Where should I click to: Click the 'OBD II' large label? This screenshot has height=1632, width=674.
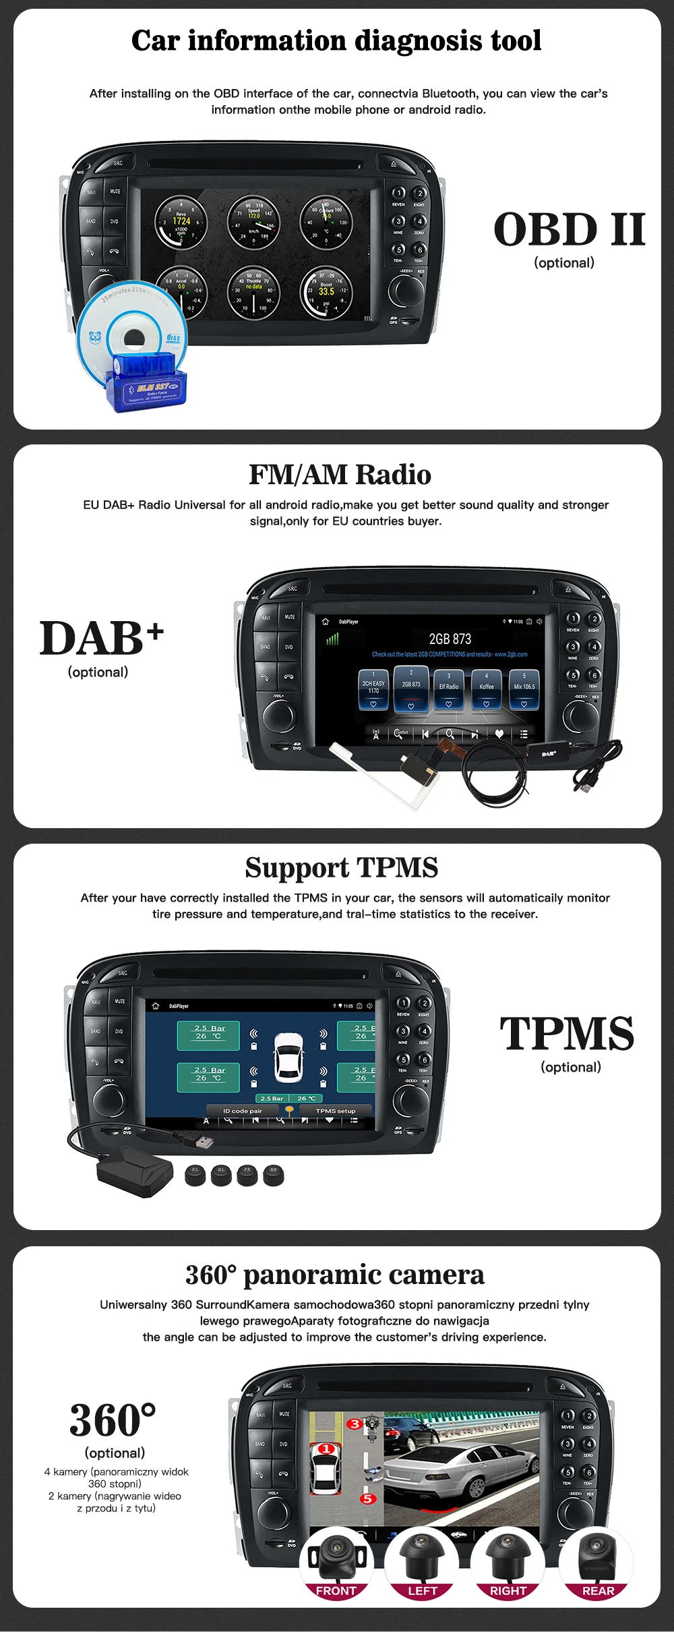pyautogui.click(x=570, y=229)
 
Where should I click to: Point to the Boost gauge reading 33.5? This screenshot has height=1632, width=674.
pyautogui.click(x=326, y=291)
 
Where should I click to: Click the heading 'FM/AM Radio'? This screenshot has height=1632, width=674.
pyautogui.click(x=340, y=475)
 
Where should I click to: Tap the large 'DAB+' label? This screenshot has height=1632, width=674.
pyautogui.click(x=101, y=638)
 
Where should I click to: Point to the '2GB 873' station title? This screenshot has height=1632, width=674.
pyautogui.click(x=450, y=639)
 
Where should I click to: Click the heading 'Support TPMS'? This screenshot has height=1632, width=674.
pyautogui.click(x=341, y=867)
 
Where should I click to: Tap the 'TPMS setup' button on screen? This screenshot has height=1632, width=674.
pyautogui.click(x=335, y=1111)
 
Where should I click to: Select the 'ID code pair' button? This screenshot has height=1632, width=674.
pyautogui.click(x=243, y=1111)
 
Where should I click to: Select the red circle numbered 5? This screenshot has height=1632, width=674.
pyautogui.click(x=367, y=1498)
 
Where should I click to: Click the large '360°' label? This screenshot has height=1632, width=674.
pyautogui.click(x=113, y=1420)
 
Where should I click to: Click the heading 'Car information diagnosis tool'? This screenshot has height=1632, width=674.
pyautogui.click(x=336, y=40)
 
